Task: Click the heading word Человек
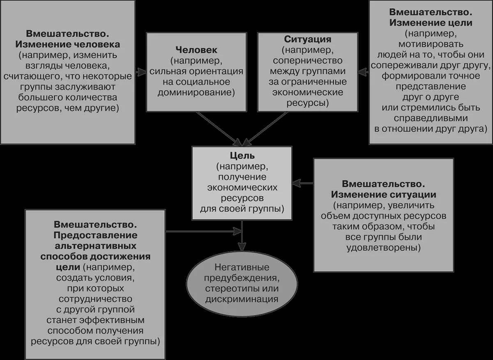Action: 196,50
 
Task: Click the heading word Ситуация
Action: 307,39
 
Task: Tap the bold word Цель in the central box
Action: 242,156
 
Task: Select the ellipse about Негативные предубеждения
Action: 242,284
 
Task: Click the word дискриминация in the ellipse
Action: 242,299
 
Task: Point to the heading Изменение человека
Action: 67,44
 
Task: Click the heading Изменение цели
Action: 431,23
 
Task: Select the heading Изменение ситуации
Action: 383,195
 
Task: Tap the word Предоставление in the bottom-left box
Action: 95,235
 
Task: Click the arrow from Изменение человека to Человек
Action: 141,72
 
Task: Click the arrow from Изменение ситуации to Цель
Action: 303,183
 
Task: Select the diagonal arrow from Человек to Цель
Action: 219,129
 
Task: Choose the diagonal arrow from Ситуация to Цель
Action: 265,129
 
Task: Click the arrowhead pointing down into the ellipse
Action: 242,247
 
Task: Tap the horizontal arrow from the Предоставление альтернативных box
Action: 204,231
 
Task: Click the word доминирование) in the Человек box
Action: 196,92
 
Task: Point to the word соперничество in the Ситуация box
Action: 307,60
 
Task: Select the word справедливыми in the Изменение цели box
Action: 431,118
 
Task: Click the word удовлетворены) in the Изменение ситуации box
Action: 383,248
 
